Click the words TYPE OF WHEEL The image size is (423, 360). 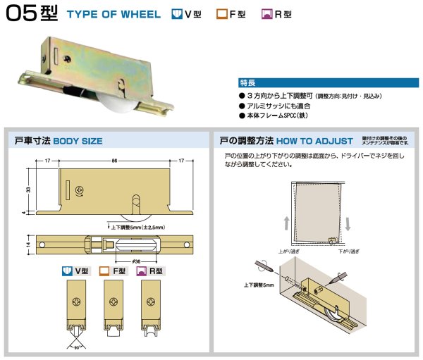coord(115,15)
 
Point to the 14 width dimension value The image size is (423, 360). coord(27,244)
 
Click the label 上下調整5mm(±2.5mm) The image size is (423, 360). coord(137,228)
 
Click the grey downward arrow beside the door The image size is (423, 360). coord(349,225)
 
